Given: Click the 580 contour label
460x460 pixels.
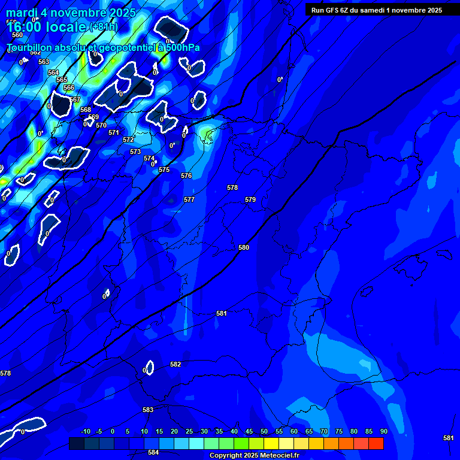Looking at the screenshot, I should (244, 247).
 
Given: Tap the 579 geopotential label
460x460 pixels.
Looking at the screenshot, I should (250, 199).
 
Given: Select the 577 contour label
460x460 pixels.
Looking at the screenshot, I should (189, 199).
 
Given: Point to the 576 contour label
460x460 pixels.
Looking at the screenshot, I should (186, 175).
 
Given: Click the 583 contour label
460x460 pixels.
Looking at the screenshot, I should (148, 410).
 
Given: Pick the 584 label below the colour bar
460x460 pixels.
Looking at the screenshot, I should (153, 452).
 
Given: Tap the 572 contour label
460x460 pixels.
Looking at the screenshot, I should (128, 140).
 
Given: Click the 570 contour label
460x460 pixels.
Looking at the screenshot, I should (101, 125).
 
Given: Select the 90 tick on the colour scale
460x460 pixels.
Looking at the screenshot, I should (383, 431).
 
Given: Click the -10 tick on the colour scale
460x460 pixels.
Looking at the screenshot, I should (86, 431).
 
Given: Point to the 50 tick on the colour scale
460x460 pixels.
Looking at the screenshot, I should (264, 431).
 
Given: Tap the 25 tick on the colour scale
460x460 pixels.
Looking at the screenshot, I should (189, 431).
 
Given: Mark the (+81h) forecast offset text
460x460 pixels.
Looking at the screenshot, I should (104, 27).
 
